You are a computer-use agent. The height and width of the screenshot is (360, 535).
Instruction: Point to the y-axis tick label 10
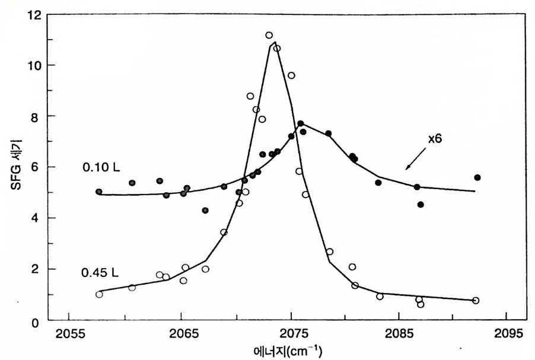coord(33,65)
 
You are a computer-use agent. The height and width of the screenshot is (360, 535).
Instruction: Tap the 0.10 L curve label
coord(101,167)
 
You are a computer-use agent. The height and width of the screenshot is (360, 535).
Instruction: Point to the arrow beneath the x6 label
coord(416,159)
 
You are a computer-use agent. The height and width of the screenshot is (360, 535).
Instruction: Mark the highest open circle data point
coord(269,36)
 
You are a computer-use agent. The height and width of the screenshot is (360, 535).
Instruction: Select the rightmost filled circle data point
coord(477,177)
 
